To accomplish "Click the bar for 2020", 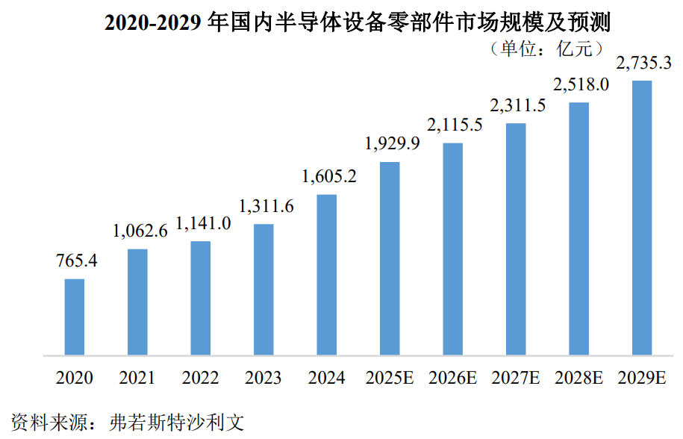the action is pyautogui.click(x=75, y=317).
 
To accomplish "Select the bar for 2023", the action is pyautogui.click(x=263, y=290).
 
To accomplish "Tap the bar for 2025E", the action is pyautogui.click(x=390, y=258).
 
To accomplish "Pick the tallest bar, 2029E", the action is pyautogui.click(x=642, y=218).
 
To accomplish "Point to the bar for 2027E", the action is pyautogui.click(x=516, y=239).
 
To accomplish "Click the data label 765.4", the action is pyautogui.click(x=77, y=261).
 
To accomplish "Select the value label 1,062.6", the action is pyautogui.click(x=140, y=231).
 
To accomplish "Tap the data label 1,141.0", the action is pyautogui.click(x=203, y=223).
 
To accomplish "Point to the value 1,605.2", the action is pyautogui.click(x=329, y=176).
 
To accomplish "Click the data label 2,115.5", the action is pyautogui.click(x=455, y=125).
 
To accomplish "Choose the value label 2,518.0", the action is pyautogui.click(x=581, y=84).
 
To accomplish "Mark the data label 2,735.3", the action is pyautogui.click(x=643, y=63).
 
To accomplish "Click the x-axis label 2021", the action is pyautogui.click(x=137, y=378).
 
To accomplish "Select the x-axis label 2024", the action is pyautogui.click(x=326, y=378).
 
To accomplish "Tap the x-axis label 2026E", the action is pyautogui.click(x=452, y=378).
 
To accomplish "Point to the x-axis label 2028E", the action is pyautogui.click(x=579, y=378).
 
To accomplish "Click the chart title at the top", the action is pyautogui.click(x=358, y=22).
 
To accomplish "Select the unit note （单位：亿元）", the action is pyautogui.click(x=546, y=49).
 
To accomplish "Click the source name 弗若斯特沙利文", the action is pyautogui.click(x=176, y=422).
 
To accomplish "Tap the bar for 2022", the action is pyautogui.click(x=200, y=299).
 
